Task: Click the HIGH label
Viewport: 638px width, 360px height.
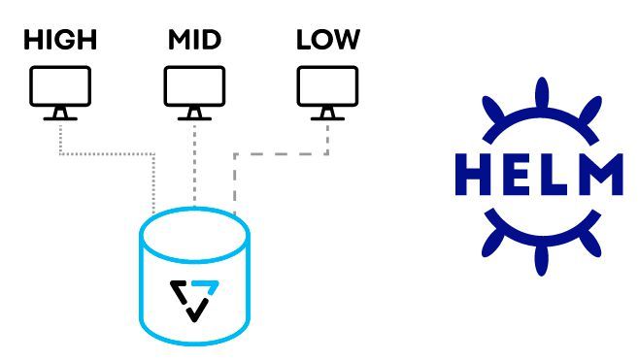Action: click(60, 40)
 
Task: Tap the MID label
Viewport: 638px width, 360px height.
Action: click(194, 40)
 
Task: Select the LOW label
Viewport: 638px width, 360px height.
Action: click(327, 40)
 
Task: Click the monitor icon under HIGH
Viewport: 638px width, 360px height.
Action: click(60, 88)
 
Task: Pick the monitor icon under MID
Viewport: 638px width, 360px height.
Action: click(194, 88)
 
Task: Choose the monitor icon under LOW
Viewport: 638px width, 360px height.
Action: click(327, 88)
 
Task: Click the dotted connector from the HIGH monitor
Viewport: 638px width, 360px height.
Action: click(107, 153)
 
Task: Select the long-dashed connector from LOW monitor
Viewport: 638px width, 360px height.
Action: click(282, 153)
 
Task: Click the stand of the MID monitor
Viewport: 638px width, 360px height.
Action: click(194, 114)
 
